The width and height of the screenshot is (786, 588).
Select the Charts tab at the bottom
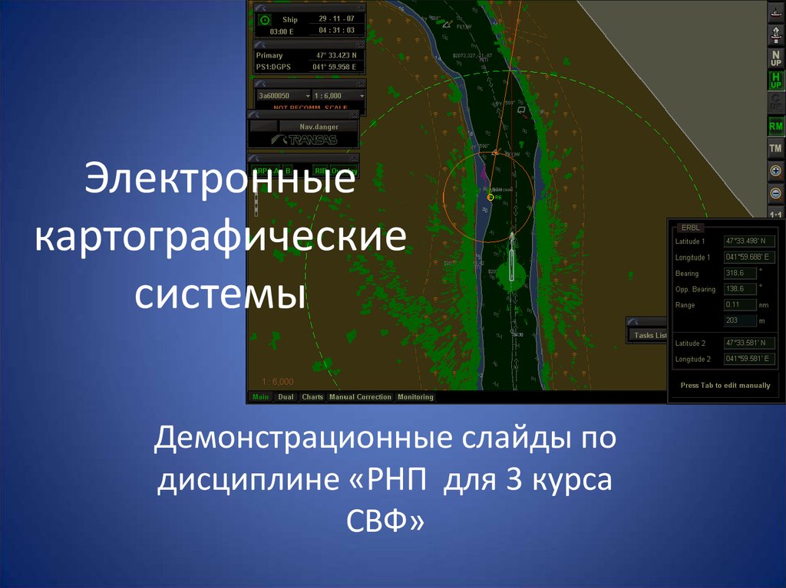click(312, 397)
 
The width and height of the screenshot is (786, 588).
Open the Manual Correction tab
click(360, 397)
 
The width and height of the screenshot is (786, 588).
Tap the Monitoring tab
click(415, 397)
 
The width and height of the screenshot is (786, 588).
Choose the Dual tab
click(286, 397)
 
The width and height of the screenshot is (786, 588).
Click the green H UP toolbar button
click(776, 80)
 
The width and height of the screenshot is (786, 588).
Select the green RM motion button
click(776, 126)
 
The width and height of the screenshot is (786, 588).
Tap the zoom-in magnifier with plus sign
click(776, 171)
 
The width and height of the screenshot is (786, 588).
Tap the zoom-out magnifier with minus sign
click(776, 193)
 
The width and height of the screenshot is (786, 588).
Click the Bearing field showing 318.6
click(739, 273)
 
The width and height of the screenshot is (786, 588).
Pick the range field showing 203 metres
click(739, 320)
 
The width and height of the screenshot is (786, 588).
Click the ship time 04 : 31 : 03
click(337, 31)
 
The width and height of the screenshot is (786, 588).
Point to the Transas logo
click(302, 140)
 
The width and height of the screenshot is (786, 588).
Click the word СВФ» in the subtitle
click(383, 523)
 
